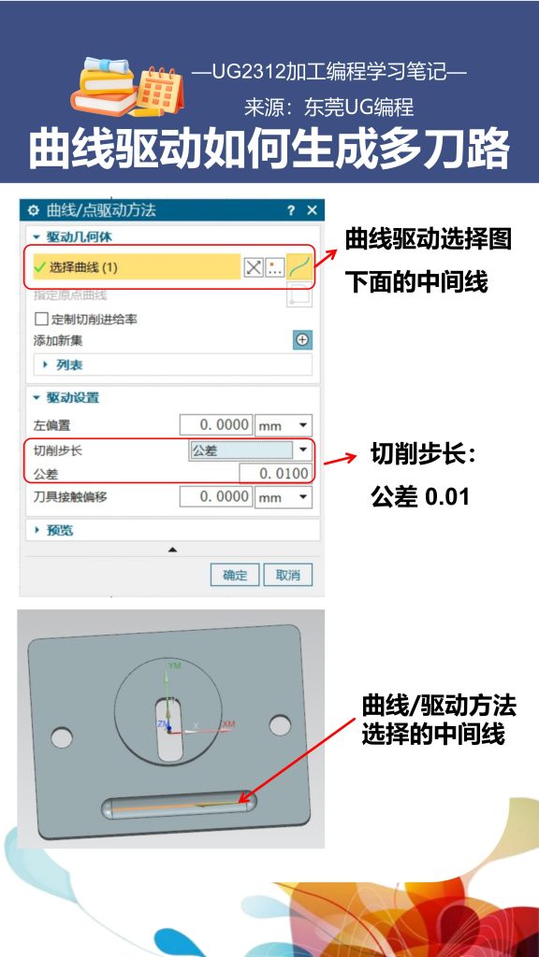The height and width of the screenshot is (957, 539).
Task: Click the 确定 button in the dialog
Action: [235, 575]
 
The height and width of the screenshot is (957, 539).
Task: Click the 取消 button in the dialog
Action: [288, 575]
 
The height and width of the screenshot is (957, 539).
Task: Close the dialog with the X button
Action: [312, 210]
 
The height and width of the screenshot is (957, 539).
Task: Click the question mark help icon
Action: [291, 210]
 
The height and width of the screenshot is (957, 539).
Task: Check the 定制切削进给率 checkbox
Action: [41, 319]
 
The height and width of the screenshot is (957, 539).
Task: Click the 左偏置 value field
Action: [215, 425]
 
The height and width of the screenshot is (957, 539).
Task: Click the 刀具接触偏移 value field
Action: [215, 496]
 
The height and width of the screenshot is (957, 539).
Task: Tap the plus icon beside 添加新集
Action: [302, 340]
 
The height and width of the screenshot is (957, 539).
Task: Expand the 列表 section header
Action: [68, 364]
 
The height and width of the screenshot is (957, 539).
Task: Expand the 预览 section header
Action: [60, 530]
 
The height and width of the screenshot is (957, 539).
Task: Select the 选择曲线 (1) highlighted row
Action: [136, 267]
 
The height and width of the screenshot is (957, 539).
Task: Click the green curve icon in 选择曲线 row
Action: [299, 267]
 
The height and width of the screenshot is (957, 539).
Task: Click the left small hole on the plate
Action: [61, 738]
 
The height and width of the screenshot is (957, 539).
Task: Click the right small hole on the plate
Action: [280, 724]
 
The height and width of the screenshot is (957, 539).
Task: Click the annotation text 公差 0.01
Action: [419, 497]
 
